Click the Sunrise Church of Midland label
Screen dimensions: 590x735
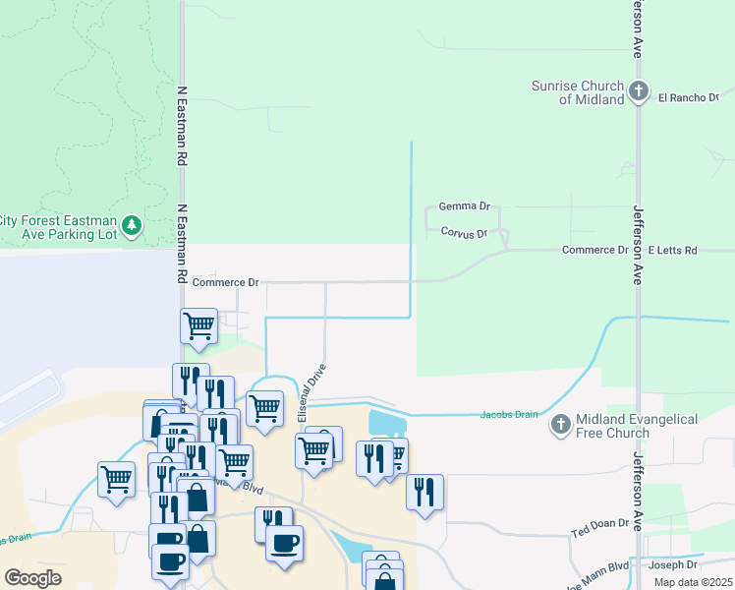tap(578, 92)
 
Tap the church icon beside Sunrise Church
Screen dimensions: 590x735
tap(639, 92)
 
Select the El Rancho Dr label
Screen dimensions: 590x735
tap(688, 97)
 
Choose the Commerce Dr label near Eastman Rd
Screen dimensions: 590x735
tap(225, 283)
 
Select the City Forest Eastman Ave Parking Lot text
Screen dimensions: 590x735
tap(61, 227)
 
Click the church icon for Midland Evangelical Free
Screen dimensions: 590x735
tap(560, 425)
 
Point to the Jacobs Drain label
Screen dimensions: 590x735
tap(509, 414)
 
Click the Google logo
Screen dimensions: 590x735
tap(33, 577)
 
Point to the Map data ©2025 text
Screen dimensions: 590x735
tap(692, 582)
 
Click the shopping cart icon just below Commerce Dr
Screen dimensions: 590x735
tap(199, 325)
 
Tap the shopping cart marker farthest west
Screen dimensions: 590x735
tap(117, 479)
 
